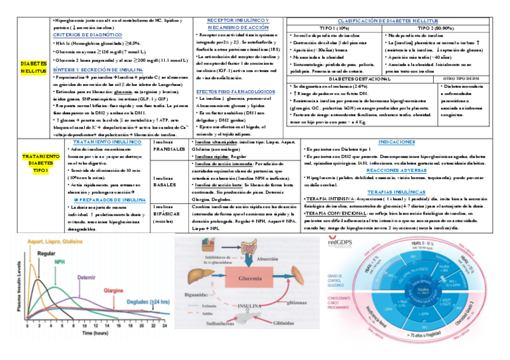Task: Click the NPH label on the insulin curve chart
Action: click(60, 263)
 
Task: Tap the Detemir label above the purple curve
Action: click(88, 278)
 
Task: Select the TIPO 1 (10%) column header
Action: click(336, 28)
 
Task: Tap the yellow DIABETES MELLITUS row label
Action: click(33, 67)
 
